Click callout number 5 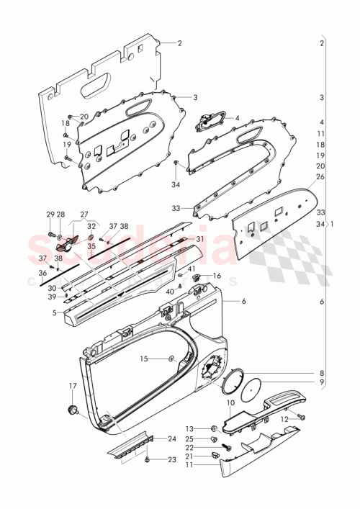55,312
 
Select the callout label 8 322,372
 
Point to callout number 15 143,359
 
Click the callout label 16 217,276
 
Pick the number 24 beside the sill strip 172,438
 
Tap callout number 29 50,215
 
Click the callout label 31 200,240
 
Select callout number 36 43,273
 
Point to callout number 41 192,269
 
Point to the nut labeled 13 213,428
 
